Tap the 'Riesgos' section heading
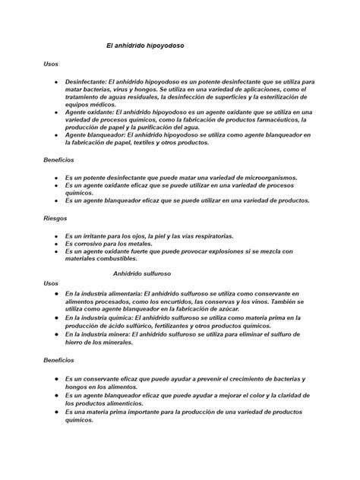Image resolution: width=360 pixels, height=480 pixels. (55, 217)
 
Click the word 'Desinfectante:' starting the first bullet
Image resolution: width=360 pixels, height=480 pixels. (86, 81)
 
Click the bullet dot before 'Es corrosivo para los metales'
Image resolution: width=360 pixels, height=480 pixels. (56, 243)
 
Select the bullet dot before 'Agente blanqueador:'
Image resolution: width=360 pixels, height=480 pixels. (56, 134)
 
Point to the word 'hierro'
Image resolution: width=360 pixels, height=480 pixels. (77, 342)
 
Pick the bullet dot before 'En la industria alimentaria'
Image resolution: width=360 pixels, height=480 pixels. (56, 293)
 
